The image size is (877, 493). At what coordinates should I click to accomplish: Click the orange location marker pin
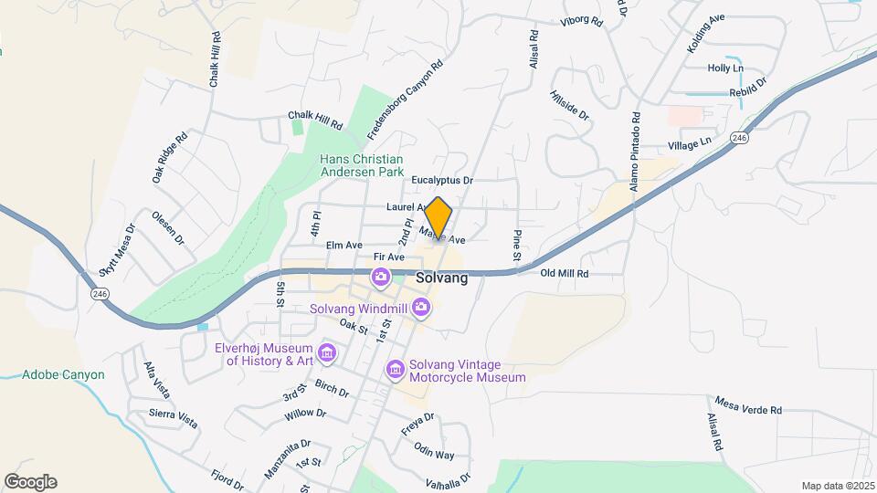(438, 219)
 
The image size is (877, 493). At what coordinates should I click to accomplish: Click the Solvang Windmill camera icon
(420, 307)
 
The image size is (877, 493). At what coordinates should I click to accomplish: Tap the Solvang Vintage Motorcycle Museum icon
(396, 370)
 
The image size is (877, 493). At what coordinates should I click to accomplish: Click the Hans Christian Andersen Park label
(374, 164)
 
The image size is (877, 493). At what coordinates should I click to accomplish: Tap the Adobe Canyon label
(63, 374)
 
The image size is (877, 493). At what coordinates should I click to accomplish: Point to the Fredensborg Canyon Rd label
(405, 100)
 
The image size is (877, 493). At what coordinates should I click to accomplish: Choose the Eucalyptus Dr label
(441, 181)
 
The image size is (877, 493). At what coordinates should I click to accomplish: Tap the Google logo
(30, 482)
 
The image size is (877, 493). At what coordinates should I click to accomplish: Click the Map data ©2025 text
(836, 486)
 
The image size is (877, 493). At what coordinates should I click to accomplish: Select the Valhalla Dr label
(447, 478)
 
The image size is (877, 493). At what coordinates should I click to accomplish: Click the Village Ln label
(689, 143)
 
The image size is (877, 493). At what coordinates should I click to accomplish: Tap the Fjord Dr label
(227, 478)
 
